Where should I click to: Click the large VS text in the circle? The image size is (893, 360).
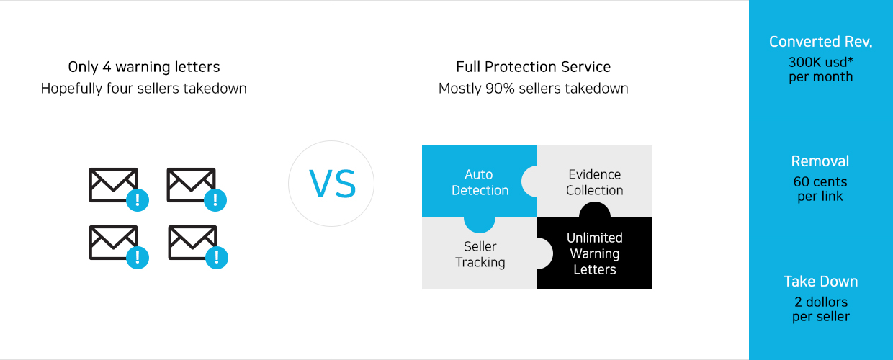point(333,184)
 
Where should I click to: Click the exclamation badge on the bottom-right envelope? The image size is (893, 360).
point(217,258)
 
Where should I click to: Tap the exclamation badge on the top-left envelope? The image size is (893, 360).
point(138,199)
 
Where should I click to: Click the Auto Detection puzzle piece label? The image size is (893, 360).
point(480,182)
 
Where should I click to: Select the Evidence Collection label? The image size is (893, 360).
point(594,182)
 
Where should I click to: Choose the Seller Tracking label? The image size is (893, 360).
point(480,254)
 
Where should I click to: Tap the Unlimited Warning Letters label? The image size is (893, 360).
point(594,253)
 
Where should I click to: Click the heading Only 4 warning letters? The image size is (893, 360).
point(144,67)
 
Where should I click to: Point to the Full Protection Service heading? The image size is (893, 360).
point(534,66)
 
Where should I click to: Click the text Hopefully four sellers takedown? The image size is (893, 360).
point(144,89)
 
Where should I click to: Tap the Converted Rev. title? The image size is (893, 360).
point(821,42)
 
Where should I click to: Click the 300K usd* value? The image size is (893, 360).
point(821,62)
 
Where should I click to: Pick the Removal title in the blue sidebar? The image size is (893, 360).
point(820,161)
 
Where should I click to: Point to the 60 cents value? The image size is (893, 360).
point(820,181)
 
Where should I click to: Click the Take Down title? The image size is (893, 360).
point(821,282)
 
